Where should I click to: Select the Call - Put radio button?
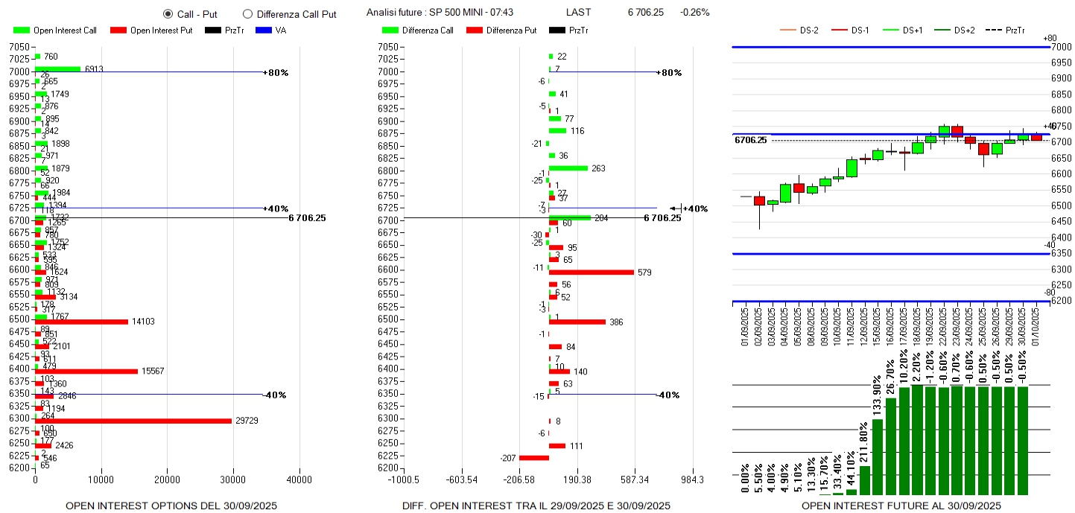pyautogui.click(x=168, y=13)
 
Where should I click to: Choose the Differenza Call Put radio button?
pyautogui.click(x=248, y=13)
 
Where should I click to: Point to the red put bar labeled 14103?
pyautogui.click(x=81, y=322)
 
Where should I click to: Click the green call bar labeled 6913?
pyautogui.click(x=57, y=68)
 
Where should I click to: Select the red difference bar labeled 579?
pyautogui.click(x=591, y=273)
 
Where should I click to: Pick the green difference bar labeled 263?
pyautogui.click(x=568, y=168)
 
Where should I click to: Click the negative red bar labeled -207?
pyautogui.click(x=533, y=458)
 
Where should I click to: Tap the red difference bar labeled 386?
pyautogui.click(x=577, y=322)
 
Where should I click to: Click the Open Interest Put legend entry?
pyautogui.click(x=151, y=31)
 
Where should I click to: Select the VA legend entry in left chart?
pyautogui.click(x=272, y=31)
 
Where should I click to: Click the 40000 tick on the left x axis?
pyautogui.click(x=299, y=479)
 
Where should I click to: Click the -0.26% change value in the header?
pyautogui.click(x=694, y=13)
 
